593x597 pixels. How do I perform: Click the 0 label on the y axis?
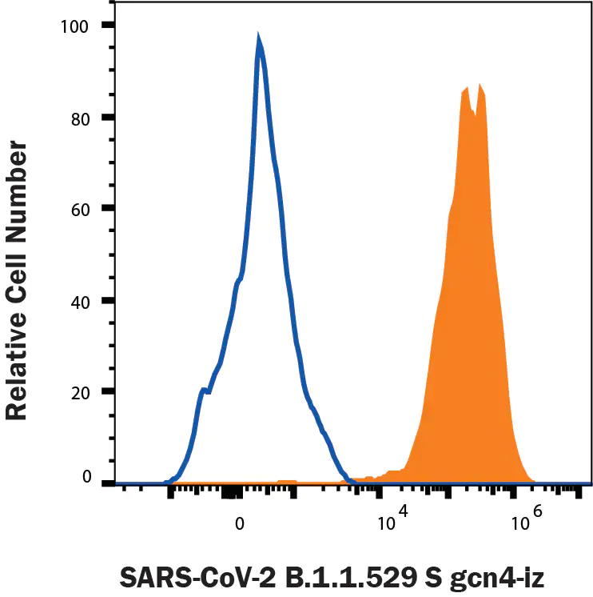pos(88,479)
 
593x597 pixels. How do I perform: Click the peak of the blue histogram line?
pos(258,38)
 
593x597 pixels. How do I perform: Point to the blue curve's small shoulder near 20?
pos(204,390)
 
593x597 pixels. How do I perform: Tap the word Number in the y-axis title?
pos(17,184)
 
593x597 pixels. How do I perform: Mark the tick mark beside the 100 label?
pos(107,26)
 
